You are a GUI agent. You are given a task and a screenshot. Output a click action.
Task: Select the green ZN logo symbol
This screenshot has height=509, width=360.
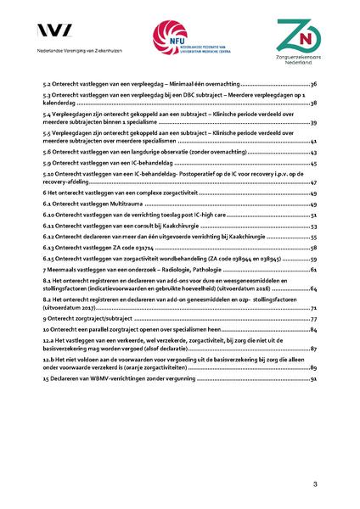295,35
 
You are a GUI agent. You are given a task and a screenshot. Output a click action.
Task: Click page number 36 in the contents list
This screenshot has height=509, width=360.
313,86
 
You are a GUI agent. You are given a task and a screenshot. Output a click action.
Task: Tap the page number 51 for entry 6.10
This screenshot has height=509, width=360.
313,216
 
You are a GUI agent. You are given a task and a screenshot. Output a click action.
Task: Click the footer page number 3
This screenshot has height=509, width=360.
314,484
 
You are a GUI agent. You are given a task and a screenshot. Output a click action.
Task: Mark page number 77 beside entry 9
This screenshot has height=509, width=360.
313,318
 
